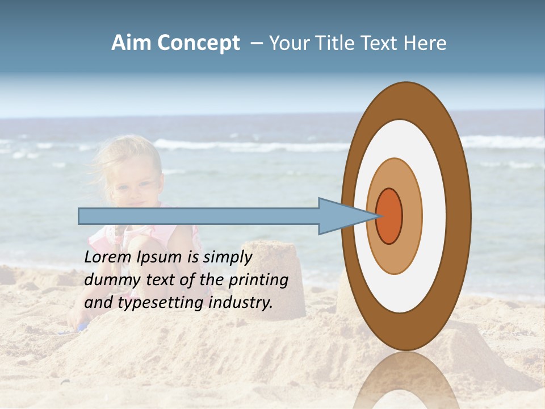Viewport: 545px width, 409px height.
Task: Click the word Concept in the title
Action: (x=198, y=43)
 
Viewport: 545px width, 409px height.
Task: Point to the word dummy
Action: (x=110, y=279)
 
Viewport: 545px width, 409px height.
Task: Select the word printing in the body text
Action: (x=258, y=279)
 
